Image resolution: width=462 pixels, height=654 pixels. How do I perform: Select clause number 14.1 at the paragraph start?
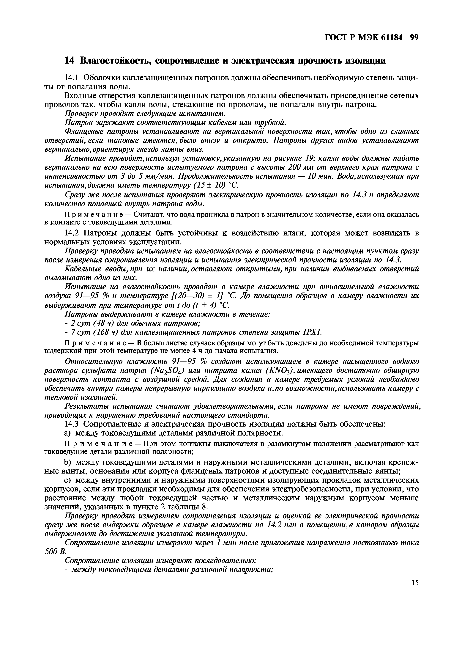72,78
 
